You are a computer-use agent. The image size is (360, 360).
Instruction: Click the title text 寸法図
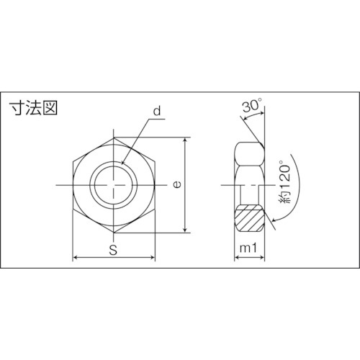click(x=32, y=109)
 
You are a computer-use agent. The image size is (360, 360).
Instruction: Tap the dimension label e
click(x=176, y=184)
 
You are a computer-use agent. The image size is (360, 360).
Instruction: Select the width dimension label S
click(x=114, y=250)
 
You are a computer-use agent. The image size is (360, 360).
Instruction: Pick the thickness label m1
click(x=249, y=250)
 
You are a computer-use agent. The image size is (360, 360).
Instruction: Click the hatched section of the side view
click(x=249, y=217)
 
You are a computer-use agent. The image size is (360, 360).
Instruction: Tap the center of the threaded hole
click(x=114, y=184)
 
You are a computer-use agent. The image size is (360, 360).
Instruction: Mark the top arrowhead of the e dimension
click(x=186, y=140)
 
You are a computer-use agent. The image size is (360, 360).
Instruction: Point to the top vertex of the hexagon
click(x=114, y=138)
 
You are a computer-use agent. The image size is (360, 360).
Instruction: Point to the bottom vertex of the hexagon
click(x=114, y=232)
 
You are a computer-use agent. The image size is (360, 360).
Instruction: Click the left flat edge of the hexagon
click(x=73, y=184)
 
